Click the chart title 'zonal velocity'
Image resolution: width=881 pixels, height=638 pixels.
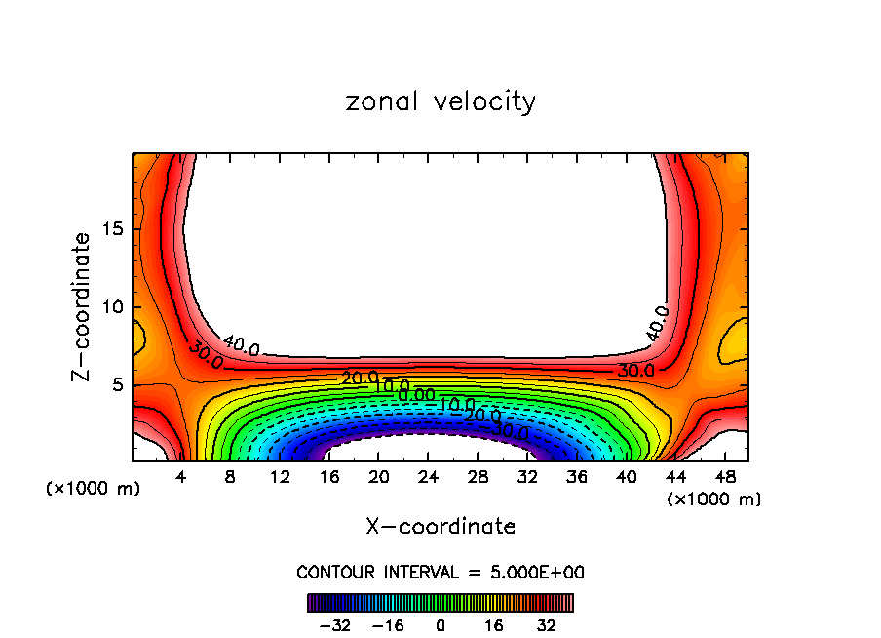click(x=440, y=101)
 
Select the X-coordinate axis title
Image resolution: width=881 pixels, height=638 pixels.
click(x=440, y=527)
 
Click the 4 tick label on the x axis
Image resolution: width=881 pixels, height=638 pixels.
click(x=181, y=478)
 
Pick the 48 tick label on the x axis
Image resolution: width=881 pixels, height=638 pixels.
click(x=724, y=478)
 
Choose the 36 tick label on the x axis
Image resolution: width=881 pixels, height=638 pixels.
click(x=576, y=478)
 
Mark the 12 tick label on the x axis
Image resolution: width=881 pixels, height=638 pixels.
click(x=280, y=478)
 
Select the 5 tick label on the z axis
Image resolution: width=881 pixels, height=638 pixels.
click(x=116, y=384)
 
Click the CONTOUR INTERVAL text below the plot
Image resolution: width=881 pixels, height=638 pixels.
click(x=440, y=573)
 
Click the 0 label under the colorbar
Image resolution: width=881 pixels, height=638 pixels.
click(x=440, y=624)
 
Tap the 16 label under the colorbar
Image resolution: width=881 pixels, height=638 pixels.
click(x=493, y=624)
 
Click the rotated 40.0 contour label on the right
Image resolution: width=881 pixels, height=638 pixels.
click(x=657, y=323)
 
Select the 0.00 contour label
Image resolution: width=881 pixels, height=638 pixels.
click(x=416, y=395)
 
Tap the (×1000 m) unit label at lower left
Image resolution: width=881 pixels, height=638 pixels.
click(x=93, y=489)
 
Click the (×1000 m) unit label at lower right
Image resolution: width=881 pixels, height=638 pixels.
click(x=713, y=499)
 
